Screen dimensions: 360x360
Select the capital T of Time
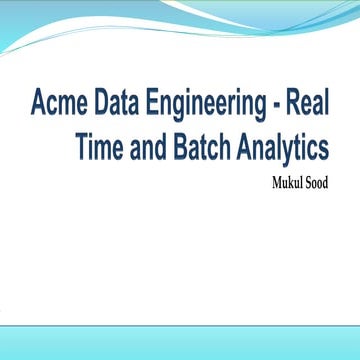(x=80, y=146)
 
